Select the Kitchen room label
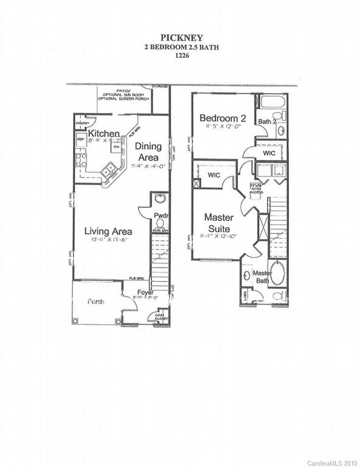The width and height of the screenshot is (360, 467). (103, 133)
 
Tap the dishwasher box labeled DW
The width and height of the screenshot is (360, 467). (114, 147)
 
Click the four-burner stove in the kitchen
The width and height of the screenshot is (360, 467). (80, 161)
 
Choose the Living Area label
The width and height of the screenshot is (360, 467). (108, 231)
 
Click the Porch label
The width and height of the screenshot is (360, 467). (95, 301)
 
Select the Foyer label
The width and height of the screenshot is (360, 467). (145, 293)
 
